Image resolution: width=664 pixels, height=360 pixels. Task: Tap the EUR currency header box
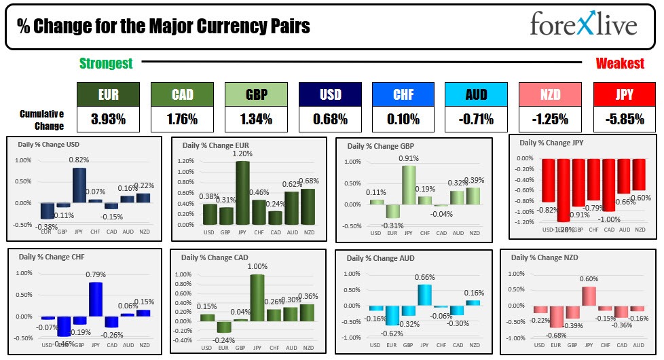[x=107, y=95]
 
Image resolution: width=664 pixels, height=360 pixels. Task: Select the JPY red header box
[x=623, y=95]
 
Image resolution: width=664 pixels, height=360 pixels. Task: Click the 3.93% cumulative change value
[x=107, y=120]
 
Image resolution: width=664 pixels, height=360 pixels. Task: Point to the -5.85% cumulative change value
[x=623, y=120]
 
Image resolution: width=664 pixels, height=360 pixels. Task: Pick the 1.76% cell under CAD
[x=181, y=120]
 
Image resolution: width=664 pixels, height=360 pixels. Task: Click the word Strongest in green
[x=106, y=64]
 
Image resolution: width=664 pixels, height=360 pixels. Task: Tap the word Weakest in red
[x=620, y=64]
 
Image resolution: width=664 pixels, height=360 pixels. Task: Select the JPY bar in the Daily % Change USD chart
[x=79, y=185]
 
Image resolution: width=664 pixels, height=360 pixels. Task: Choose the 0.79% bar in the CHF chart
[x=95, y=299]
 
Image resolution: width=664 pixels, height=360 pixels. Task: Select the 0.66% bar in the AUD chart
[x=424, y=294]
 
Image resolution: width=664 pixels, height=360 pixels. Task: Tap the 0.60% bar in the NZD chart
[x=588, y=295]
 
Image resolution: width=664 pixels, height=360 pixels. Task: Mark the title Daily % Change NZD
[x=542, y=257]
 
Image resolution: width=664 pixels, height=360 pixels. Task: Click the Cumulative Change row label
[x=42, y=120]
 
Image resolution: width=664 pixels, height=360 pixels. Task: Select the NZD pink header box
[x=549, y=95]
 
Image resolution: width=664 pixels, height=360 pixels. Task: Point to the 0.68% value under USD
[x=329, y=120]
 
